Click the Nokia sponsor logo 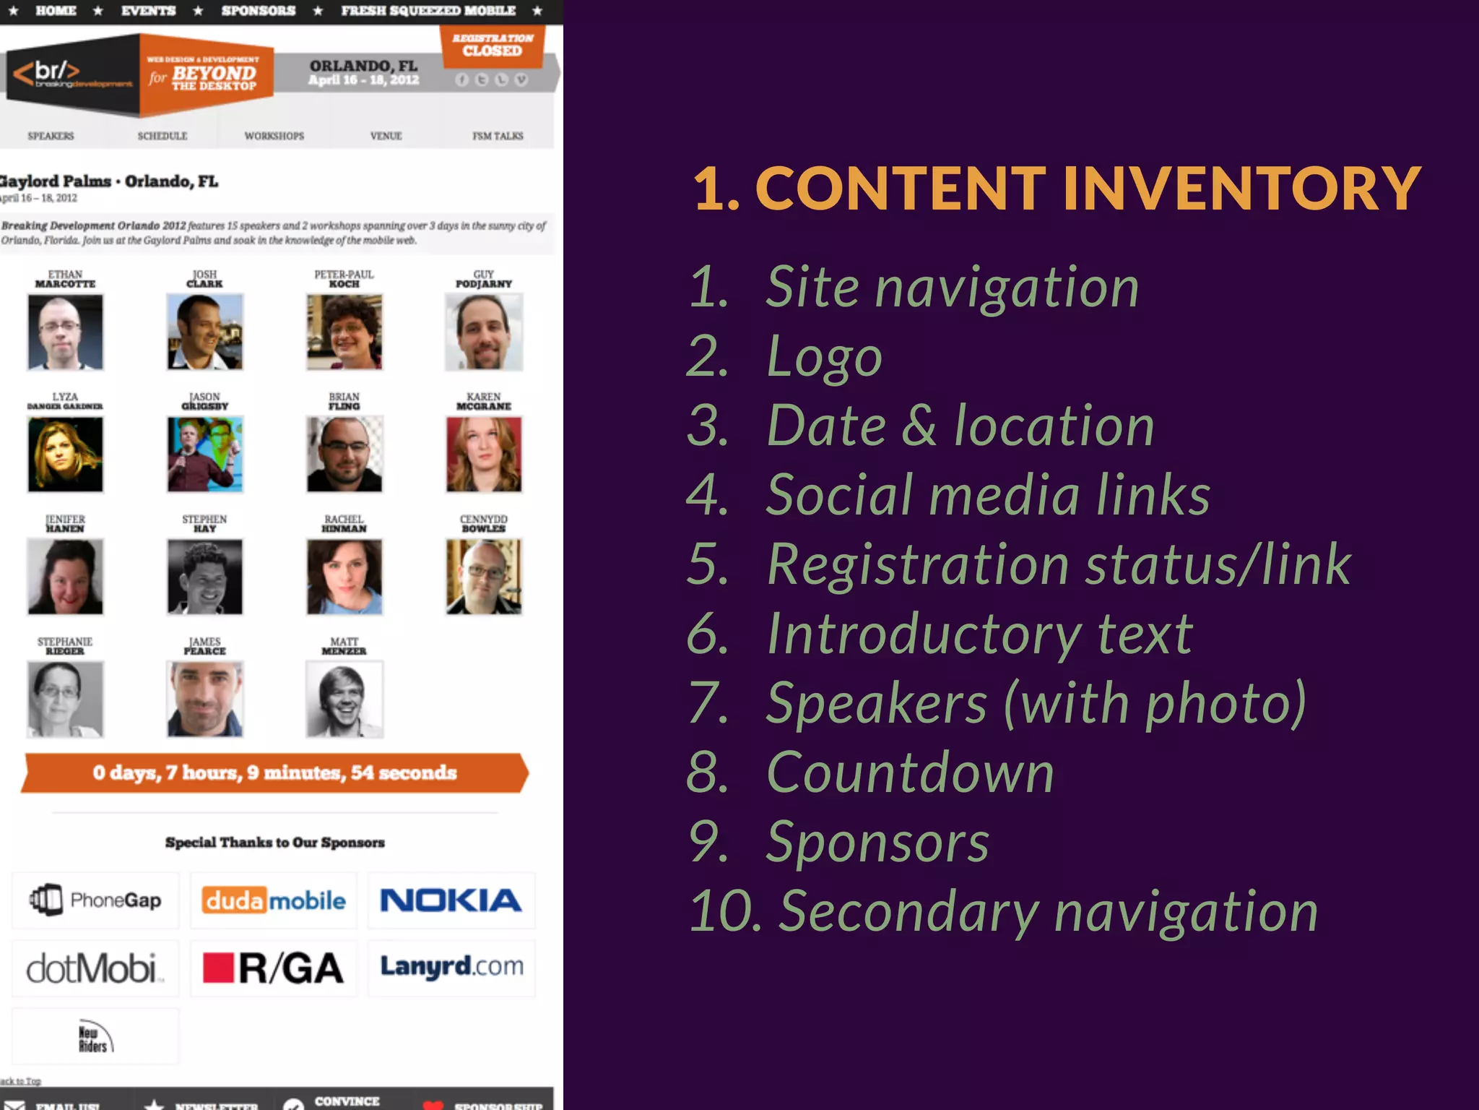[x=451, y=900]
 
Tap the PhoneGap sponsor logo [x=95, y=900]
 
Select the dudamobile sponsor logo [x=274, y=900]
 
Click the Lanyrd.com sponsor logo [x=451, y=967]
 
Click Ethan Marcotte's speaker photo [x=65, y=332]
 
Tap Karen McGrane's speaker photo [x=484, y=455]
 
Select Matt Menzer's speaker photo [x=344, y=700]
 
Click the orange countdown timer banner [x=274, y=773]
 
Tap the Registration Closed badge [x=493, y=45]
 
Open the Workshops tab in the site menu [x=274, y=136]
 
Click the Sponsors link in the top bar [x=258, y=11]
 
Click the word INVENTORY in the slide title [x=1241, y=189]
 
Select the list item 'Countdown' [x=910, y=773]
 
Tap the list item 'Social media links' [x=987, y=495]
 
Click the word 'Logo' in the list [x=824, y=356]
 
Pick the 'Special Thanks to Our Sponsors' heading [x=274, y=843]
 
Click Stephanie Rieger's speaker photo [x=65, y=700]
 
